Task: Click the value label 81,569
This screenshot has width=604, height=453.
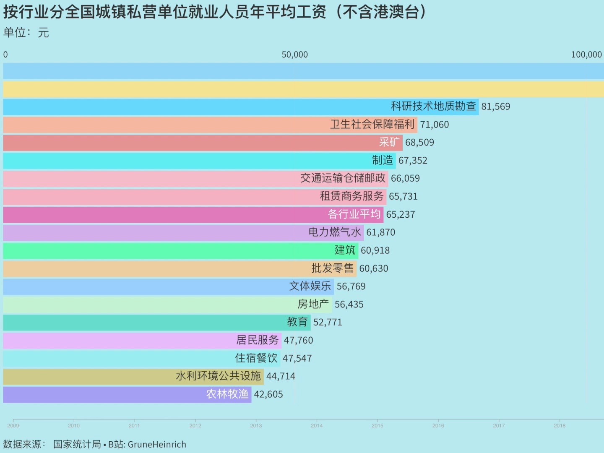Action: (x=495, y=107)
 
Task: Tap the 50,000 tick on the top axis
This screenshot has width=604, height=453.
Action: (x=294, y=55)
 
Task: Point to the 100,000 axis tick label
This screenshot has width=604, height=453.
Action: (x=586, y=55)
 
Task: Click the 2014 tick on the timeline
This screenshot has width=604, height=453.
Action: (x=317, y=425)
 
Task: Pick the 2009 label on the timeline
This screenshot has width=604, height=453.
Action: (x=13, y=425)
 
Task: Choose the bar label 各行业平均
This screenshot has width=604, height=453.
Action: (x=354, y=214)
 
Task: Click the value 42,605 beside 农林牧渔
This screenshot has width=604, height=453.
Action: (x=268, y=394)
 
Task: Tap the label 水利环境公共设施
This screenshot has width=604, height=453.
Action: (x=218, y=376)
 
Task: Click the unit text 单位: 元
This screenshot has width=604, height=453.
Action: (x=26, y=33)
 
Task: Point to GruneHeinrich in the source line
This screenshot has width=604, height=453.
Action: (x=157, y=445)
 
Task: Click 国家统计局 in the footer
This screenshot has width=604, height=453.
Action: (x=77, y=445)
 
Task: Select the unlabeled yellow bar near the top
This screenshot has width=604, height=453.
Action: (x=302, y=89)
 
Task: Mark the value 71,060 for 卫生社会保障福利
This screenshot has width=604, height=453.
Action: (x=434, y=125)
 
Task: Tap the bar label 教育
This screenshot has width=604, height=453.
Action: (x=297, y=322)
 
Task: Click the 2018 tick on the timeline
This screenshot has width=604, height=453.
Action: (x=560, y=425)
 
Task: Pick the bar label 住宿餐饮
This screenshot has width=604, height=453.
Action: (x=256, y=358)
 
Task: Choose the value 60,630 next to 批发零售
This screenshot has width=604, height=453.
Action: (x=373, y=268)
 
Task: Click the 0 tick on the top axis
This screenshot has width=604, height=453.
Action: (x=5, y=55)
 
